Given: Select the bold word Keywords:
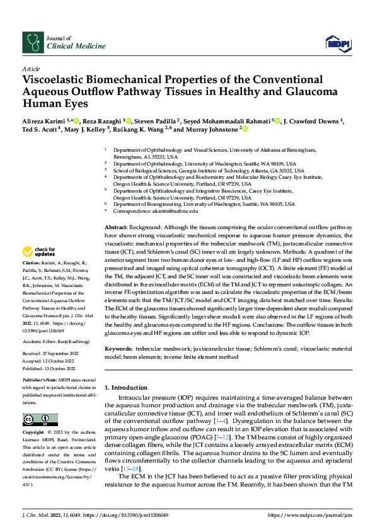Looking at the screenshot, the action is tap(118, 348).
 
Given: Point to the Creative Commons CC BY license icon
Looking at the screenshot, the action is tap(40, 419).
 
